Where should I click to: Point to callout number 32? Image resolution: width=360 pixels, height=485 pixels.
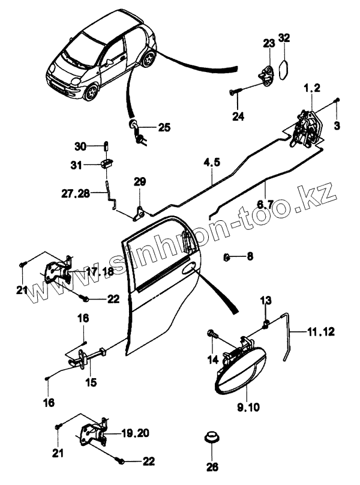tap(284, 38)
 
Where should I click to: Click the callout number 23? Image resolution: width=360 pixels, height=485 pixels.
tap(268, 43)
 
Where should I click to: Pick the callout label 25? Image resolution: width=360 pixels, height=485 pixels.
tap(164, 127)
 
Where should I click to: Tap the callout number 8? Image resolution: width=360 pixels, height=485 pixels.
tap(250, 256)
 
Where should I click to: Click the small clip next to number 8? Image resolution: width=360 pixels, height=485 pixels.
tap(227, 257)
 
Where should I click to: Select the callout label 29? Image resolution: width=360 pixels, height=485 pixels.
tap(139, 181)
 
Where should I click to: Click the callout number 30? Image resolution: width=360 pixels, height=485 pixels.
tap(80, 146)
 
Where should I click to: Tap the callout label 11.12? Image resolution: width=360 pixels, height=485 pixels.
tap(322, 331)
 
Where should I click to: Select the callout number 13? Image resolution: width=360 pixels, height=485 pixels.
tap(266, 300)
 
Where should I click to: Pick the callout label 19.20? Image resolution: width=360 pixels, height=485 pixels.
tap(135, 432)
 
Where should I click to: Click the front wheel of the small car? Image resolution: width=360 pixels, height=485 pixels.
tap(92, 92)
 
